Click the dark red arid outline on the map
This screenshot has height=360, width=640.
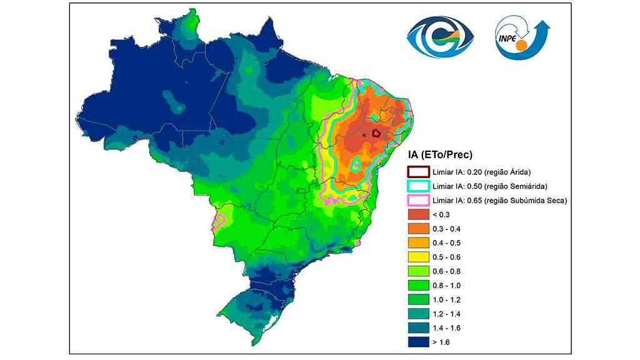(376, 132)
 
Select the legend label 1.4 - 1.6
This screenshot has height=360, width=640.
(445, 327)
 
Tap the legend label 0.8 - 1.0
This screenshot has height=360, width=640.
(445, 285)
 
